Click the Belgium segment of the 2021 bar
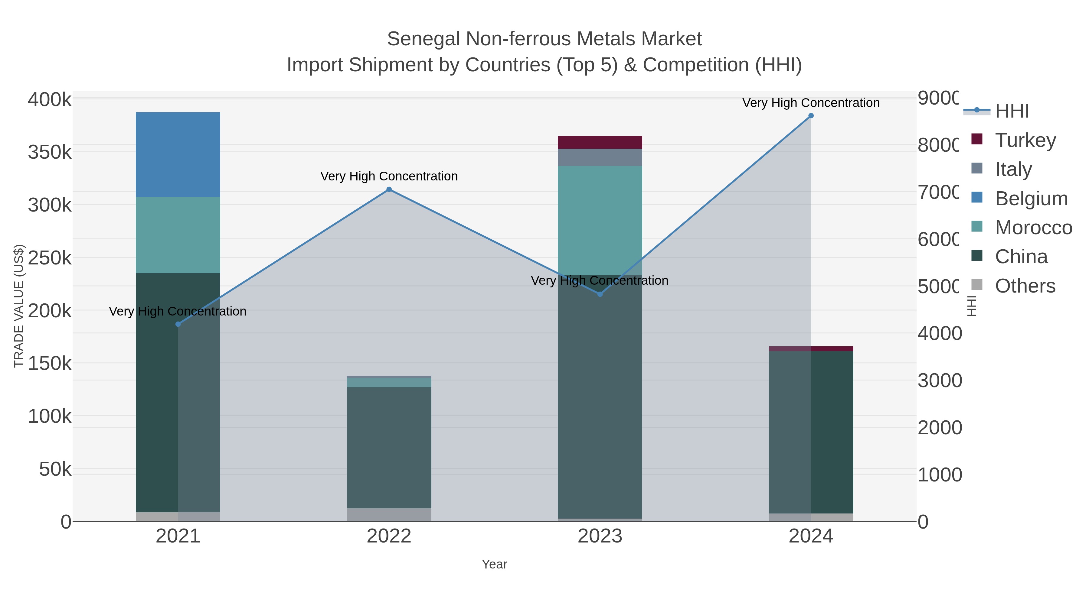pos(178,154)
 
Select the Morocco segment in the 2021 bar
pos(178,235)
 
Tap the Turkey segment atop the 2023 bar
pos(600,142)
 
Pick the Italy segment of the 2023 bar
pos(600,157)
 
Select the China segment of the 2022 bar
pos(389,447)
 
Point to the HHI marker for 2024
pos(810,116)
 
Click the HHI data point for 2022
pos(389,189)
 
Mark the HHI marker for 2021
pos(178,324)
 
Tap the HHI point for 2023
pos(600,294)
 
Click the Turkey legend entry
pos(1025,140)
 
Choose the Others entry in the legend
pos(1025,286)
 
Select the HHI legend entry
pos(1011,111)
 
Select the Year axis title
pos(494,564)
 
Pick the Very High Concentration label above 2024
pos(810,103)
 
